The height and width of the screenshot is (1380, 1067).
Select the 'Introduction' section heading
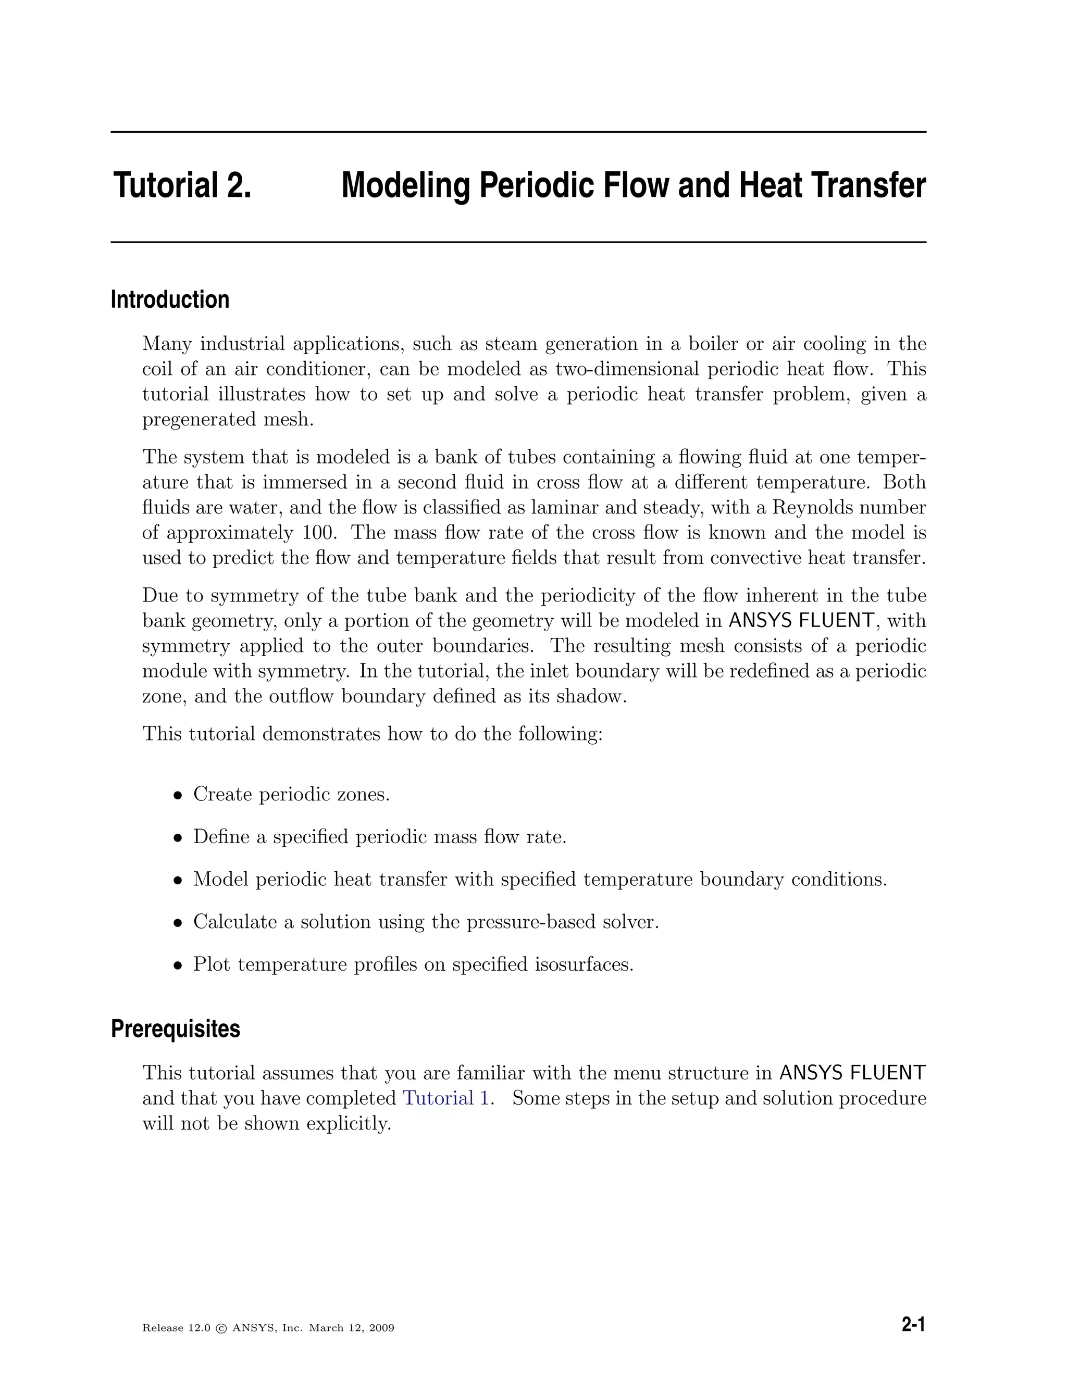pos(170,299)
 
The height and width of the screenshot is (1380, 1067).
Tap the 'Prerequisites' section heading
pos(175,1028)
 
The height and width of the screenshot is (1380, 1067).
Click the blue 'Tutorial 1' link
pos(445,1098)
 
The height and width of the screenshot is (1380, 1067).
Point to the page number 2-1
pos(913,1325)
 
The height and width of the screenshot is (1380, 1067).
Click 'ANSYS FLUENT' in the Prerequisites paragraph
pos(852,1073)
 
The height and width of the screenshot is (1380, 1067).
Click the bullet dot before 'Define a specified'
pos(179,838)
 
